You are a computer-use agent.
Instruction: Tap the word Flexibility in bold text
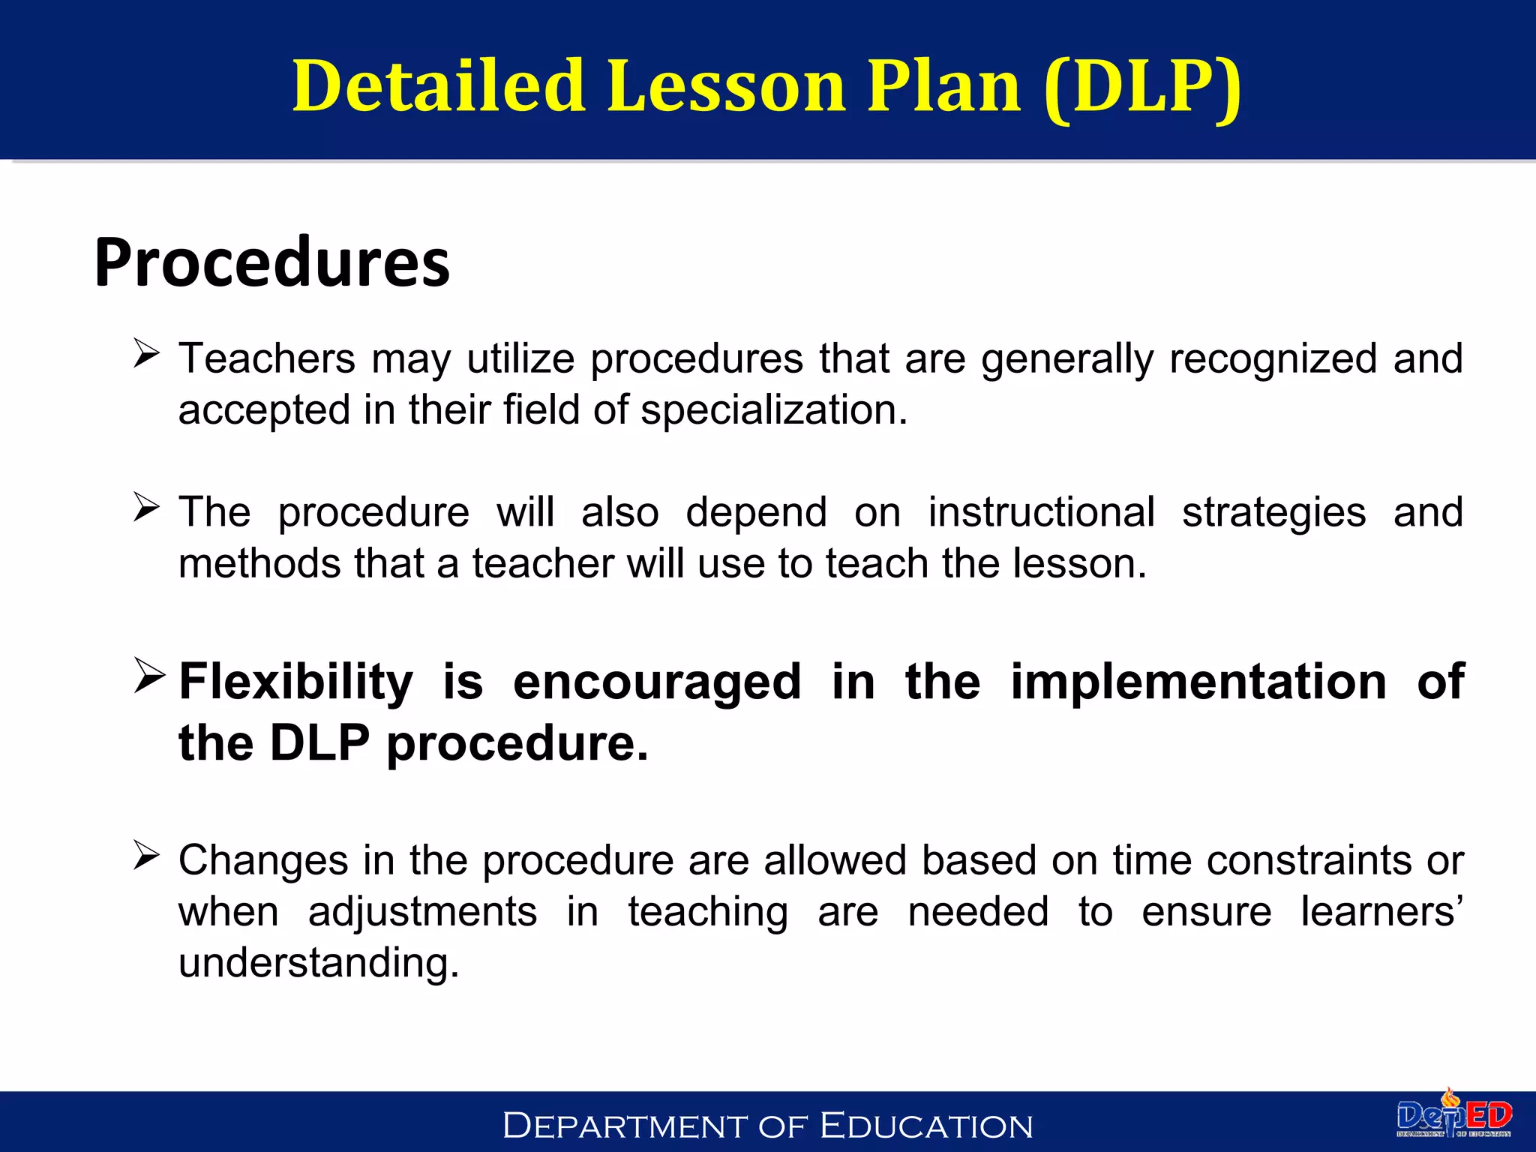coord(295,682)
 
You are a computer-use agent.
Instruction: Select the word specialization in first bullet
coord(773,410)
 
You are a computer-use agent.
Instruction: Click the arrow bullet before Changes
coord(146,855)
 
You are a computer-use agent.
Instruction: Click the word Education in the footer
coord(926,1126)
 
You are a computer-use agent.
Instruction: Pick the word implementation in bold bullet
coord(1198,682)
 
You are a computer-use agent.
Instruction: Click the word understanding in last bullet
coord(318,963)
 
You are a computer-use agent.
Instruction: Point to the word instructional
coord(1041,513)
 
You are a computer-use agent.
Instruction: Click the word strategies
coord(1273,513)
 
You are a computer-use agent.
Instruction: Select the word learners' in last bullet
coord(1381,912)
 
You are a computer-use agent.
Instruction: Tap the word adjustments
coord(422,912)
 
